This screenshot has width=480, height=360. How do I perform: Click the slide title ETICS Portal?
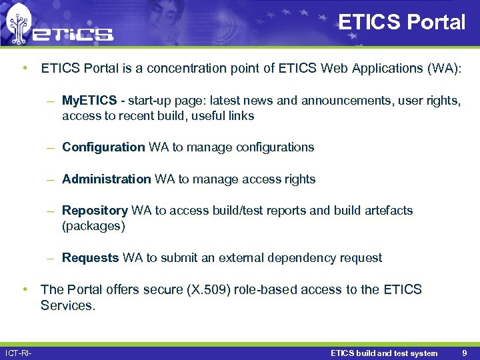401,23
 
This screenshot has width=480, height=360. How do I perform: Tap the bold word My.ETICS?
89,101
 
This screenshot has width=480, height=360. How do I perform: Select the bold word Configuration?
103,147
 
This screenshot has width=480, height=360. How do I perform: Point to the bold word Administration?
107,179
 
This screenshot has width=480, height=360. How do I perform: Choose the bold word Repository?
95,210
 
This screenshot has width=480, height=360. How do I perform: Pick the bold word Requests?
91,257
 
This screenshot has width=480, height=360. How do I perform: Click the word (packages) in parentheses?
93,226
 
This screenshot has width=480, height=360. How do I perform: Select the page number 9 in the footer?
464,353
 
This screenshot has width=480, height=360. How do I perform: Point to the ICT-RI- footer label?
19,353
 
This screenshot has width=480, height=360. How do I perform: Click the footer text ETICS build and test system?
384,353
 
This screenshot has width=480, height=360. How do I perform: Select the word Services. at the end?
68,305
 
